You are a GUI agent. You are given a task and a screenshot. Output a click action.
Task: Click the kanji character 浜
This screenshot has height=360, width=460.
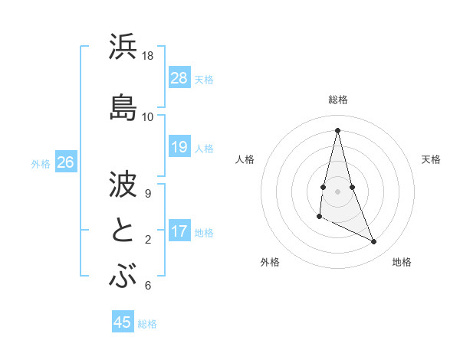pos(123,47)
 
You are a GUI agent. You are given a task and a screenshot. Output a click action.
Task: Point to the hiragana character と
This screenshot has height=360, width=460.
pos(123,230)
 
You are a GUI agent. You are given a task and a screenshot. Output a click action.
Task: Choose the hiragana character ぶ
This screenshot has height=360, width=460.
pos(123,276)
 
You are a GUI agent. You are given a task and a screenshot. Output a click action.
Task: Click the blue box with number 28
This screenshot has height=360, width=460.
pos(179,78)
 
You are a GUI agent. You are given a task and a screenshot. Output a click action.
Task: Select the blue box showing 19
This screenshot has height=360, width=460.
pos(179,147)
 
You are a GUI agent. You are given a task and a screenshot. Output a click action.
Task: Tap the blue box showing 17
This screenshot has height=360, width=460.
pos(179,232)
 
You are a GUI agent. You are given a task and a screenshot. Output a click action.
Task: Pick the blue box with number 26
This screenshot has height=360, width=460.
pos(65,162)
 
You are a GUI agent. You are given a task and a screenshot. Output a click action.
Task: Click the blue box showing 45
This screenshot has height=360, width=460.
pos(123,322)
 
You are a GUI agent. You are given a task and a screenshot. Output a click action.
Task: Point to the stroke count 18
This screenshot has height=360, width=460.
pos(147,56)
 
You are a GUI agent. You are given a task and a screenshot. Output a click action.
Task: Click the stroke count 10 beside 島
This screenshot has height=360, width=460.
pos(147,116)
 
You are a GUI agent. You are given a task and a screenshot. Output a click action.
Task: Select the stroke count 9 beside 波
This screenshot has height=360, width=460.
pos(147,193)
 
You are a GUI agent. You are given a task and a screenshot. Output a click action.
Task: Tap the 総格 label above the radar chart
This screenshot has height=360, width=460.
pos(338,100)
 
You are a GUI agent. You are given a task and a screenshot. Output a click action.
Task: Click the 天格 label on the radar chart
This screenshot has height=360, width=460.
pos(431,159)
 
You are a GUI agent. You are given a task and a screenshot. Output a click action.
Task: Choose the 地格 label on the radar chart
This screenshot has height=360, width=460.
pos(402,262)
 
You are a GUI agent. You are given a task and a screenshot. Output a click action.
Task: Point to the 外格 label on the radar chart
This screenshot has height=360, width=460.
pos(270,262)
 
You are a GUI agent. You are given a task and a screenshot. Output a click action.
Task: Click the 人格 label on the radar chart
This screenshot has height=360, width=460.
pos(245,159)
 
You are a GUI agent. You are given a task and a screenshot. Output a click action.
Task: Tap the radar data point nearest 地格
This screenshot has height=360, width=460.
pos(374,241)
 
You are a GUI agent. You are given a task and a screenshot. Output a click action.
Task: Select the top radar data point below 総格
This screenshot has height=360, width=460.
pos(338,129)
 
